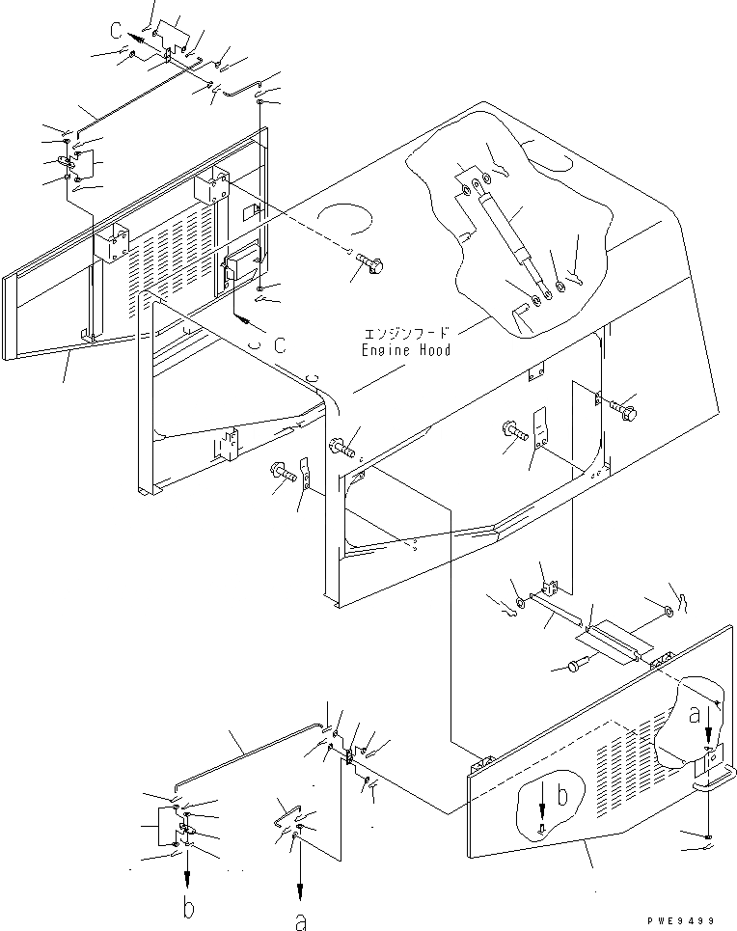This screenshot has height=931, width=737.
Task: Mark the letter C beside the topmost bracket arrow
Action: pyautogui.click(x=115, y=31)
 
